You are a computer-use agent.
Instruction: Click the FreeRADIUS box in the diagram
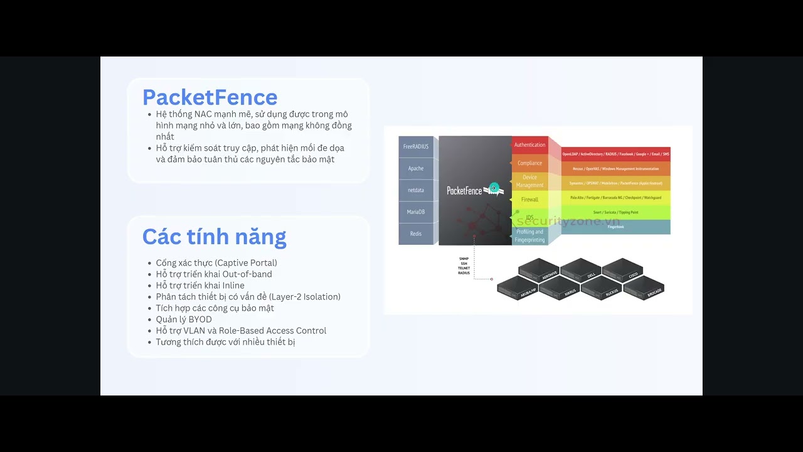coord(416,146)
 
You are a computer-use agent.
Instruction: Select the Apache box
coord(416,168)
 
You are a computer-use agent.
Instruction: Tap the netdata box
coord(416,190)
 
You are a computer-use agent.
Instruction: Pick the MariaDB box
coord(416,212)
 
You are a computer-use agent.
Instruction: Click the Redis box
coord(416,234)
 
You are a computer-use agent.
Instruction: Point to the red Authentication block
coord(530,145)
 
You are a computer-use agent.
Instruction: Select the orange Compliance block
coord(530,163)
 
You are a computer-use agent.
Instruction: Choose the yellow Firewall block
coord(530,200)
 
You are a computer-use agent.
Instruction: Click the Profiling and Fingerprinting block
coord(530,235)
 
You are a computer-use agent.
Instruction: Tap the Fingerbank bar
coord(615,227)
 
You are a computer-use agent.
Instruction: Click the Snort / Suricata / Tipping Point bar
coord(615,212)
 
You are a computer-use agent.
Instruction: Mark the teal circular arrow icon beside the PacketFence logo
coord(494,188)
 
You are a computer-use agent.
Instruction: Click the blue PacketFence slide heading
coord(210,97)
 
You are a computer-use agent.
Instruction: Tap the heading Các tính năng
coord(214,237)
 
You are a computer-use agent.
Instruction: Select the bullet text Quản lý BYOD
coord(184,320)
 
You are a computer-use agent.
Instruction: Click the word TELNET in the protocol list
coord(464,268)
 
